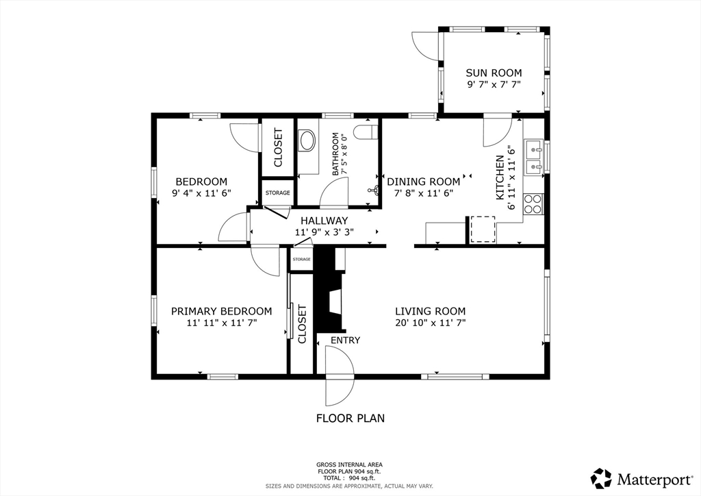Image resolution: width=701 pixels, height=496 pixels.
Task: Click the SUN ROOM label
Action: tap(494, 73)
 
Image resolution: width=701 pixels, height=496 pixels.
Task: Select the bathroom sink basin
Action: tap(307, 141)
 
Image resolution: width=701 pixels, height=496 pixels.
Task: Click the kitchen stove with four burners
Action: tap(533, 203)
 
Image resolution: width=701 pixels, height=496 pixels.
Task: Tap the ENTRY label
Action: tap(345, 340)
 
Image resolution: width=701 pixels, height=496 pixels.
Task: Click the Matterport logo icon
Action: tap(602, 478)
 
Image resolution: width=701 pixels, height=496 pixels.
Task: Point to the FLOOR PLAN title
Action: tap(350, 418)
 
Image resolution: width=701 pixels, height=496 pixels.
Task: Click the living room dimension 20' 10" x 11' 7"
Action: tap(430, 322)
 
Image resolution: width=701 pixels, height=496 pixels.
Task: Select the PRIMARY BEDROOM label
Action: tap(221, 311)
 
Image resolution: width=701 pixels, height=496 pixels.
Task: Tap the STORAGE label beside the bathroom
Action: tap(277, 193)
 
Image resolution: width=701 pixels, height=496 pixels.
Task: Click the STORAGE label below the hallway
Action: tap(301, 260)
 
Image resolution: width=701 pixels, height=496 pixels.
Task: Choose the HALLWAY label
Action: tap(324, 221)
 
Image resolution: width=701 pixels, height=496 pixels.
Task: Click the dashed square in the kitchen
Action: tap(482, 229)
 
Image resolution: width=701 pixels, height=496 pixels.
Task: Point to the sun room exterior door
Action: tap(424, 48)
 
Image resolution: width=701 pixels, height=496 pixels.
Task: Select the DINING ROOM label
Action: tap(423, 182)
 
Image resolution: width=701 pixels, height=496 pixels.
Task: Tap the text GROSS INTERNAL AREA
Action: tap(349, 464)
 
